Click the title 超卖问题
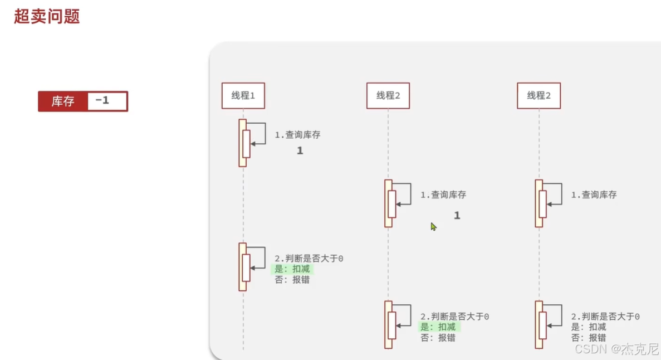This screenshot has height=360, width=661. [47, 16]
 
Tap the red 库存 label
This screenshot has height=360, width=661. [63, 101]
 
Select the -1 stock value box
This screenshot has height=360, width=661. [107, 101]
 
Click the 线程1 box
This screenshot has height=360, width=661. [243, 96]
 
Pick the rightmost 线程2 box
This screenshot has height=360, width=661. [538, 96]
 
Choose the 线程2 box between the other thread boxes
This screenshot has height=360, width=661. [388, 96]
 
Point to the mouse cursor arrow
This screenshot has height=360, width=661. [433, 226]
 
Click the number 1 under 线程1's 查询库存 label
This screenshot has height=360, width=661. [300, 150]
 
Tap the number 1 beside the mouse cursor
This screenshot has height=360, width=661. [457, 215]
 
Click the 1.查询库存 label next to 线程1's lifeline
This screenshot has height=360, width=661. [297, 135]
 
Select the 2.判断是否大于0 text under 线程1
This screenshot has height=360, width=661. [309, 259]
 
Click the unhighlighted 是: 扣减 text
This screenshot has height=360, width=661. [589, 327]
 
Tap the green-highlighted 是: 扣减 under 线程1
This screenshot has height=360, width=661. [292, 269]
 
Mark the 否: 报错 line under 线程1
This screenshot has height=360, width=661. [292, 280]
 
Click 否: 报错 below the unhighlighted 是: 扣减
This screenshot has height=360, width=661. [589, 338]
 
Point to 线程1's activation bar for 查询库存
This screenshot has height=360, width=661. [242, 143]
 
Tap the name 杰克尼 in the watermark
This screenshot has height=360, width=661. [641, 349]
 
